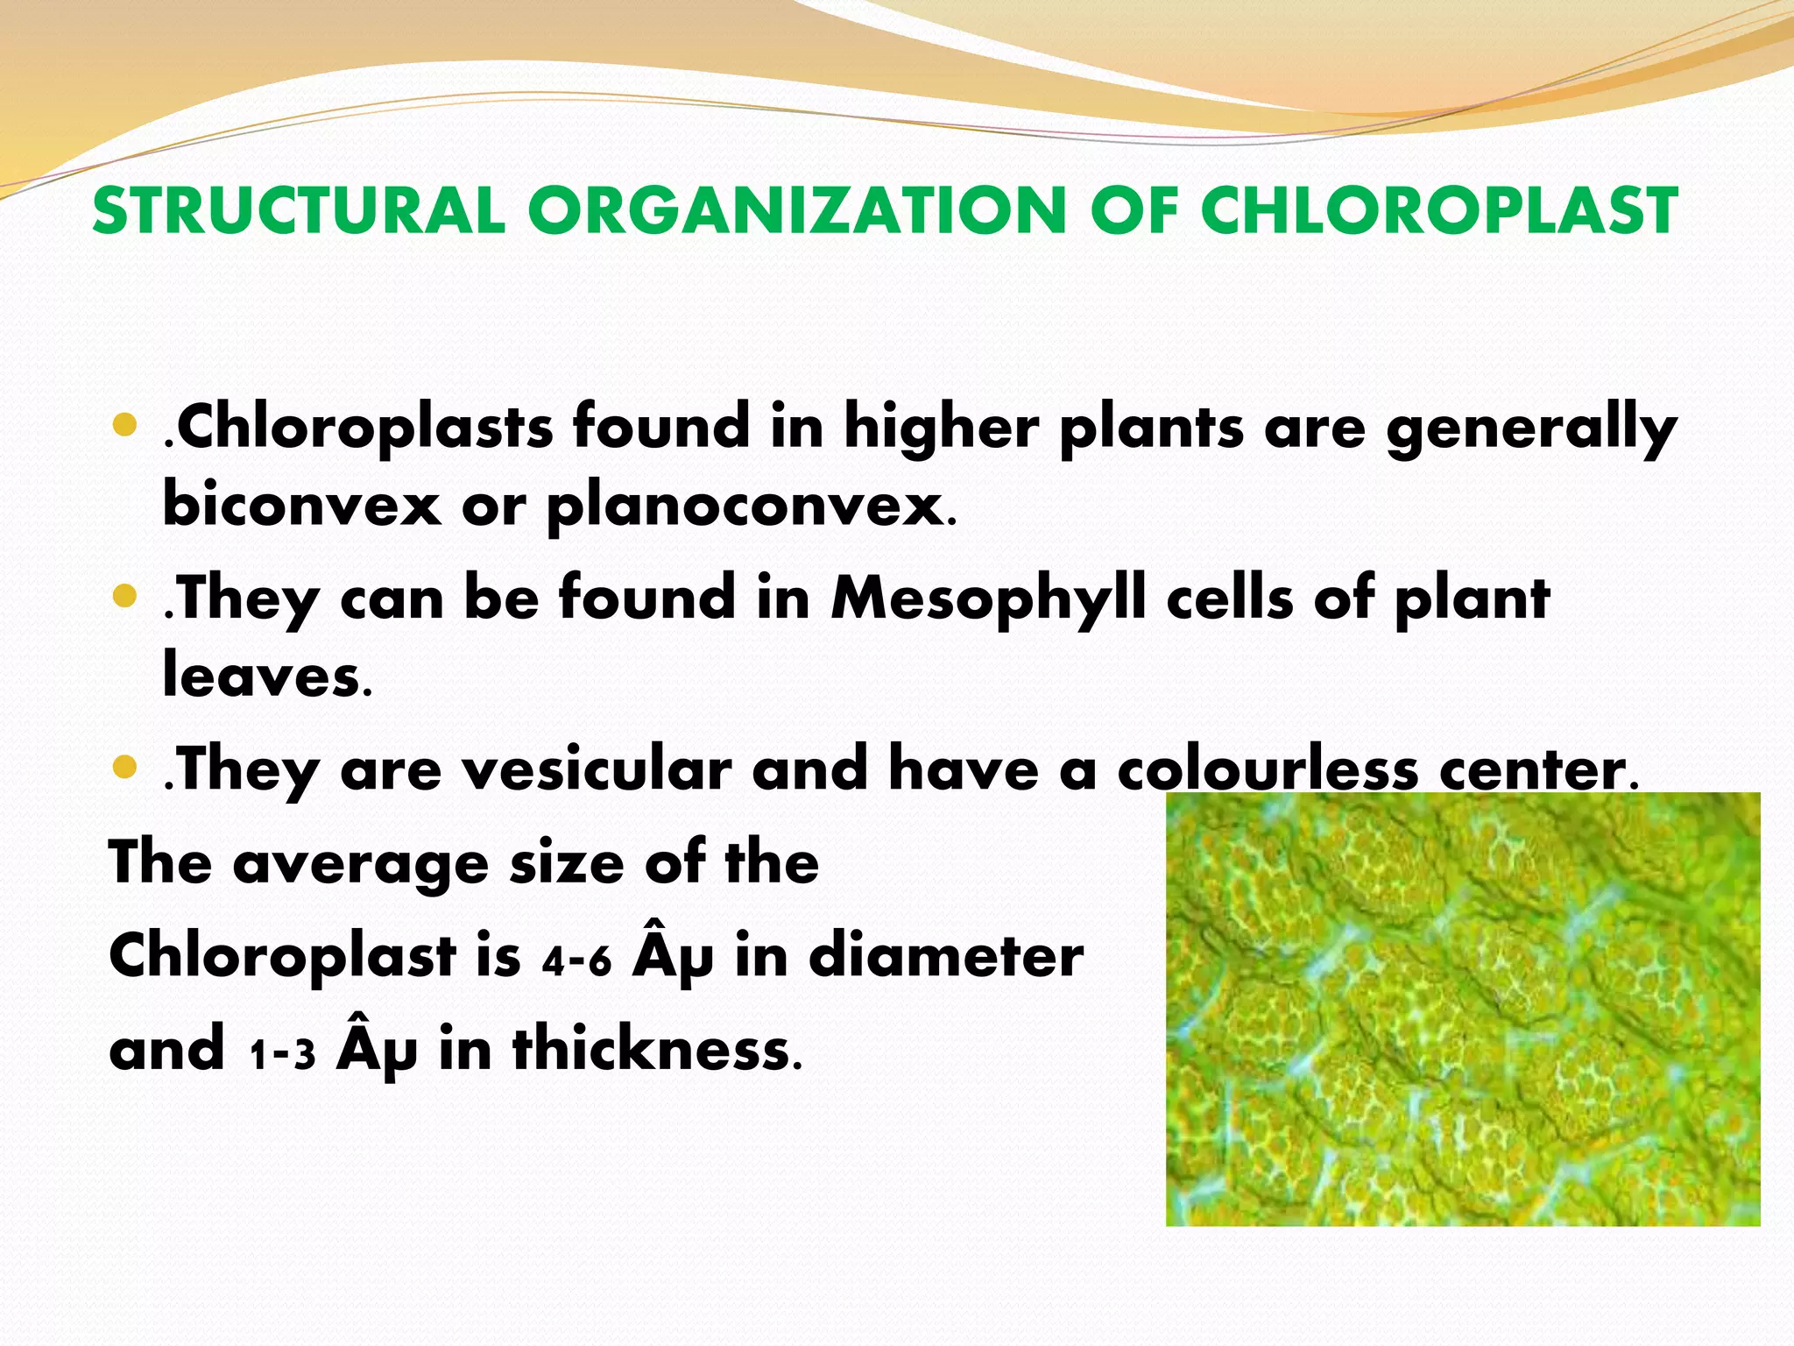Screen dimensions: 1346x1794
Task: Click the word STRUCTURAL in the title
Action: pos(299,211)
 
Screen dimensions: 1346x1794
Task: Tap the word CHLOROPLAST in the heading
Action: pos(1438,211)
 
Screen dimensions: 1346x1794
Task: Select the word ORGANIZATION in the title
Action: pos(795,211)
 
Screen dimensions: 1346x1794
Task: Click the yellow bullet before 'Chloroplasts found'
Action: pos(126,426)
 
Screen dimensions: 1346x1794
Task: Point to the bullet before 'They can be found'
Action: pos(126,597)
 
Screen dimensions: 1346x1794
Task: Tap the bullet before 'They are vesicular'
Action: pos(126,768)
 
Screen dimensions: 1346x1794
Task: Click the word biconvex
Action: pos(301,506)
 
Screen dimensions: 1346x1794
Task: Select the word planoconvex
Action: pos(745,507)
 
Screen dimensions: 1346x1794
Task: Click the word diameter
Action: pos(946,956)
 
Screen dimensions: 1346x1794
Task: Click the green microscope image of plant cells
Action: pos(1462,1008)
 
